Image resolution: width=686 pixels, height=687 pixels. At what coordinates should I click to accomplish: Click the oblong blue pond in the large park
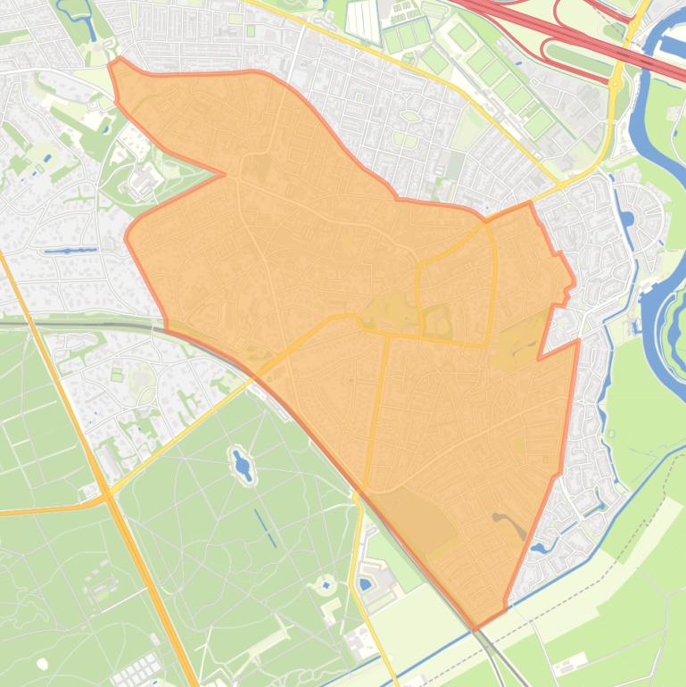242,463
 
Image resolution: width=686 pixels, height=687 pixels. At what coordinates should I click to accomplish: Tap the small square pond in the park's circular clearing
324,586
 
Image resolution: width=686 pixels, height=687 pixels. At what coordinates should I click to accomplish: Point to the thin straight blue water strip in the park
265,527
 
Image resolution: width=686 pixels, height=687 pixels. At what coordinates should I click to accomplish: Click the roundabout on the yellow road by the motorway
616,83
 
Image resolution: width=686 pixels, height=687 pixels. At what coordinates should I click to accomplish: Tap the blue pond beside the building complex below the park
365,584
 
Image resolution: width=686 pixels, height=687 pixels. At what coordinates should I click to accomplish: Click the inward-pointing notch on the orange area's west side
223,174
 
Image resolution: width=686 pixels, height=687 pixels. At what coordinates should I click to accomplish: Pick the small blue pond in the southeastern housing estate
539,547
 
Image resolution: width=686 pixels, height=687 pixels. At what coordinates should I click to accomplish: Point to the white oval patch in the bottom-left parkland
42,663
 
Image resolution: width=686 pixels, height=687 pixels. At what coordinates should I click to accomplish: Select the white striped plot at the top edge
363,20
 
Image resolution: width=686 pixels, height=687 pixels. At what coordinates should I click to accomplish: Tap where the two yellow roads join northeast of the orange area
559,182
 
